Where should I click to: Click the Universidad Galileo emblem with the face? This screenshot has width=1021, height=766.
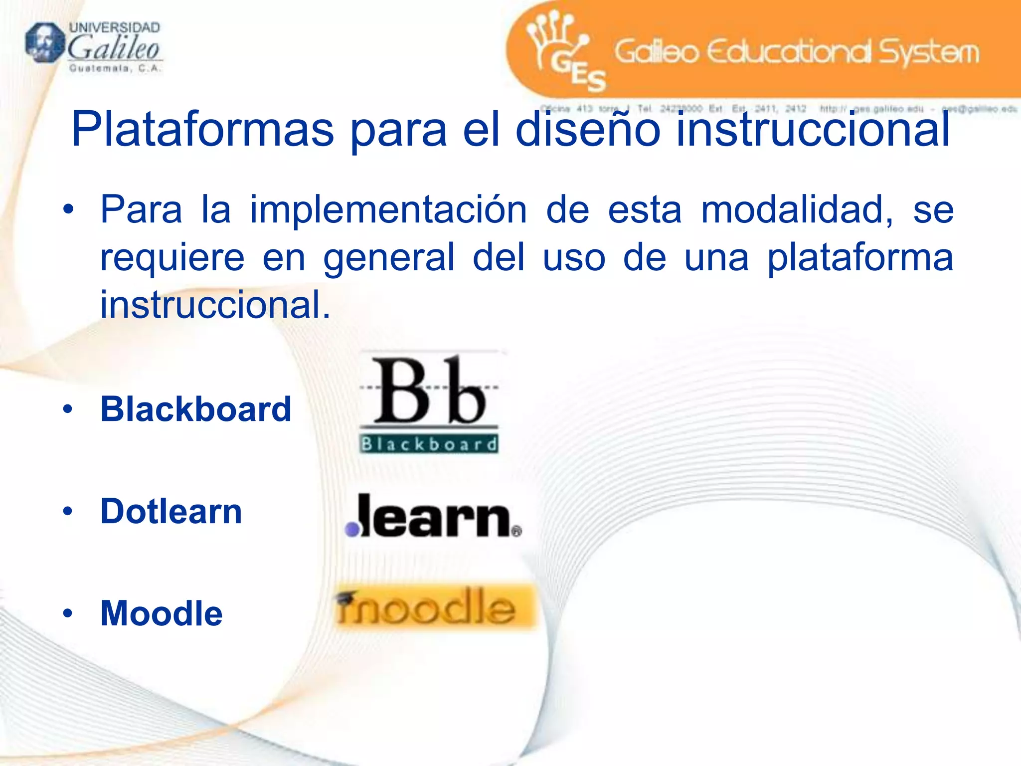pos(44,43)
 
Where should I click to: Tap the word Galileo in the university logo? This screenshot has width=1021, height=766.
pos(113,49)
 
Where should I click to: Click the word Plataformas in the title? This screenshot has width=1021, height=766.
pos(202,130)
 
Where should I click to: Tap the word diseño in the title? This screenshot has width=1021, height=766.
pos(588,130)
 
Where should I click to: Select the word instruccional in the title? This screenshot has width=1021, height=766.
pos(813,130)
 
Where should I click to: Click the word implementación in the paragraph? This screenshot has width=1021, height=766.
pos(388,210)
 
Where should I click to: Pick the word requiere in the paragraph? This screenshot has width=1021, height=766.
pos(172,257)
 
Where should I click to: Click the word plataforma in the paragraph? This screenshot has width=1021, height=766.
pos(860,257)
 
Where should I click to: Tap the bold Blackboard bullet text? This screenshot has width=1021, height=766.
pos(196,409)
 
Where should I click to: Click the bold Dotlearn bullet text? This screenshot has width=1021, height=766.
pos(171,511)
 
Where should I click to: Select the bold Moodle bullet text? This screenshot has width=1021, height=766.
pos(162,613)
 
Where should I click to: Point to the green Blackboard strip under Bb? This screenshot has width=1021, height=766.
pos(429,443)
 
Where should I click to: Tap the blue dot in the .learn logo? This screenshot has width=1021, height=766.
pos(352,529)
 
